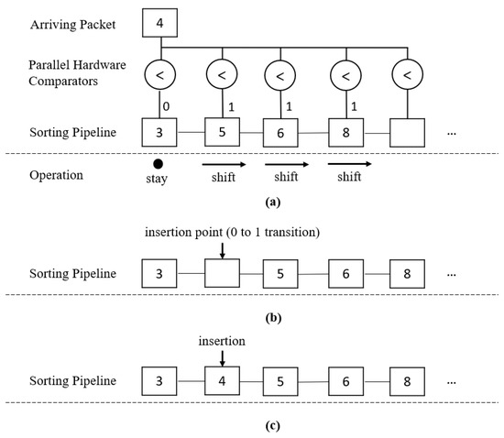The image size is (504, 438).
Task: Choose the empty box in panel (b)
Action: pyautogui.click(x=222, y=275)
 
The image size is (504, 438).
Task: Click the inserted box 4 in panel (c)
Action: pyautogui.click(x=222, y=379)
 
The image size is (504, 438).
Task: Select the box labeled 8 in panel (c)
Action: pyautogui.click(x=407, y=379)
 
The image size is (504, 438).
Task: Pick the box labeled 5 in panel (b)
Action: pyautogui.click(x=283, y=275)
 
